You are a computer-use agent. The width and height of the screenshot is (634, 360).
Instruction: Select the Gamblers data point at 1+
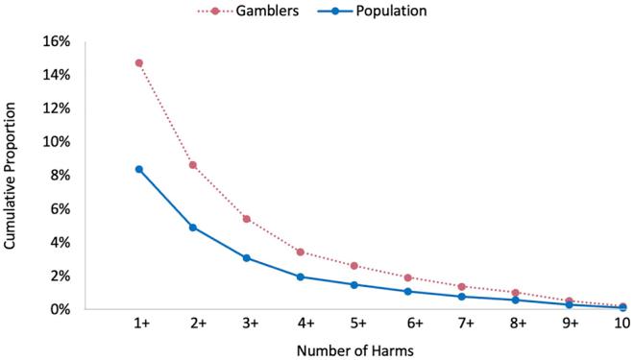pos(139,63)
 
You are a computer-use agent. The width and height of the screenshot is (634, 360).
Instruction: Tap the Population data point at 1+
pos(139,169)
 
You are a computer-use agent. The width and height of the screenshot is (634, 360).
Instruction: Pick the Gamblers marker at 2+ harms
pos(193,165)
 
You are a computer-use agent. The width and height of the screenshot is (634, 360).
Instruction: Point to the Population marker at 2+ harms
pos(193,228)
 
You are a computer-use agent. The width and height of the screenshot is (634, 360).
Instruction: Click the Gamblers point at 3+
pos(247,219)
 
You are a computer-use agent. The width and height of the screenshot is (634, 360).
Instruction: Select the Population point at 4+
pos(301,276)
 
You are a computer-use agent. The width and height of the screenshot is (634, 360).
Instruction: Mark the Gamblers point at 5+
pos(354,266)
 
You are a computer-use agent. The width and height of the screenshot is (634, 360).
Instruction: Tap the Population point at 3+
pos(247,257)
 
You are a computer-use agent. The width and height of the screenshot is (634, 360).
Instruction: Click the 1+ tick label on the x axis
pos(139,325)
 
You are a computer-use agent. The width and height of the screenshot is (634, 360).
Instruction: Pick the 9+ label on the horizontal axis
pos(570,325)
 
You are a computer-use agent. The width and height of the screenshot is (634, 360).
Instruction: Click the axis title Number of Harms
pos(354,350)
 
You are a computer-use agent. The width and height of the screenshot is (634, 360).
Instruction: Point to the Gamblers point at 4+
pos(301,252)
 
